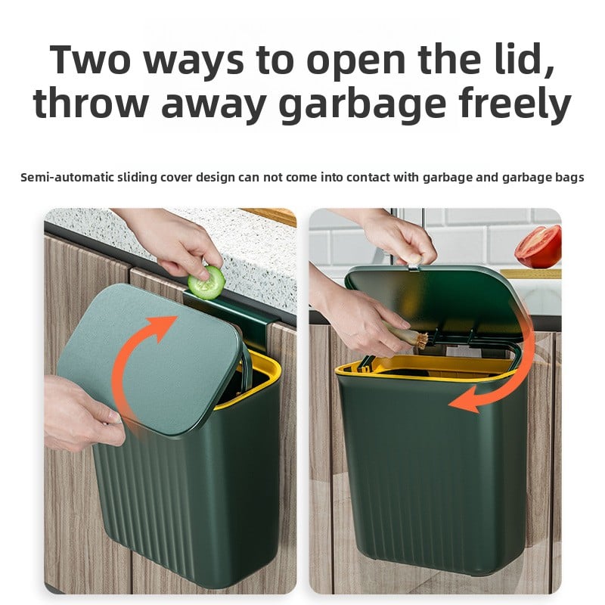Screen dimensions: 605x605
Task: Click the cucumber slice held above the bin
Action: (206, 283)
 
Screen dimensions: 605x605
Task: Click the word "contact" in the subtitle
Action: (376, 178)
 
